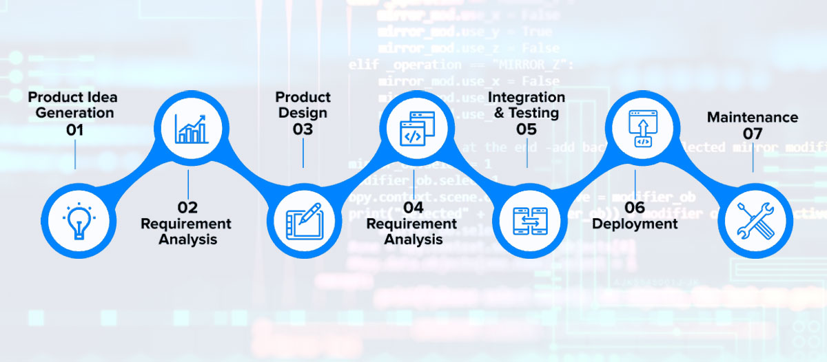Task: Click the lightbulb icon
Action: coord(76,220)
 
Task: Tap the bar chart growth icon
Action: coord(189,128)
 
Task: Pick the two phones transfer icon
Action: coord(528,220)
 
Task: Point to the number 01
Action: coord(75,129)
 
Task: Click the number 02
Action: coord(187,207)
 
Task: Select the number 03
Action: coord(303,129)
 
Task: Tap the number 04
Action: coord(413,207)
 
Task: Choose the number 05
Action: coord(527,129)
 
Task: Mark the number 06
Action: coord(635,207)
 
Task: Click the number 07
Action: coord(753,134)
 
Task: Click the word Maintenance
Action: coord(753,117)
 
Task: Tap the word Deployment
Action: coord(635,224)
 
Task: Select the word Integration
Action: coord(527,97)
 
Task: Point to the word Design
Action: coord(303,113)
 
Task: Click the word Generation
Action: coord(75,112)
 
